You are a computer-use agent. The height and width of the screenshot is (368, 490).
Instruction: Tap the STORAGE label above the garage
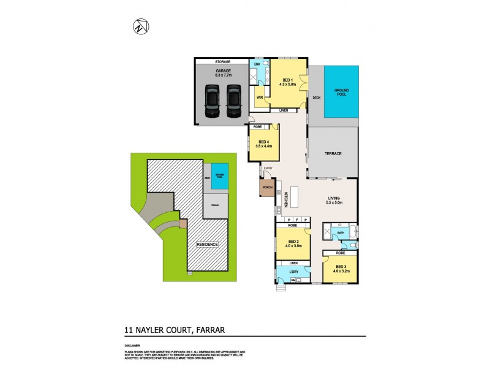pyautogui.click(x=222, y=62)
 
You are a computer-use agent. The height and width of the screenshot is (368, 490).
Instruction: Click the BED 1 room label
pyautogui.click(x=287, y=80)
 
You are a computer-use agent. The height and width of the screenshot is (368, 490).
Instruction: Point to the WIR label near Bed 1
pyautogui.click(x=258, y=96)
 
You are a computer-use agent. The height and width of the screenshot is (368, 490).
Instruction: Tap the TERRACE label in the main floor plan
pyautogui.click(x=333, y=153)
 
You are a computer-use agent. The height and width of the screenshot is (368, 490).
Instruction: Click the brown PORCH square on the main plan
pyautogui.click(x=267, y=188)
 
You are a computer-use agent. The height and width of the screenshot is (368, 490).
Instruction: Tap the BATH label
pyautogui.click(x=341, y=233)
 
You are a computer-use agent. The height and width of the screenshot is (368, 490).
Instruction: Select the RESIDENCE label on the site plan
pyautogui.click(x=206, y=244)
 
